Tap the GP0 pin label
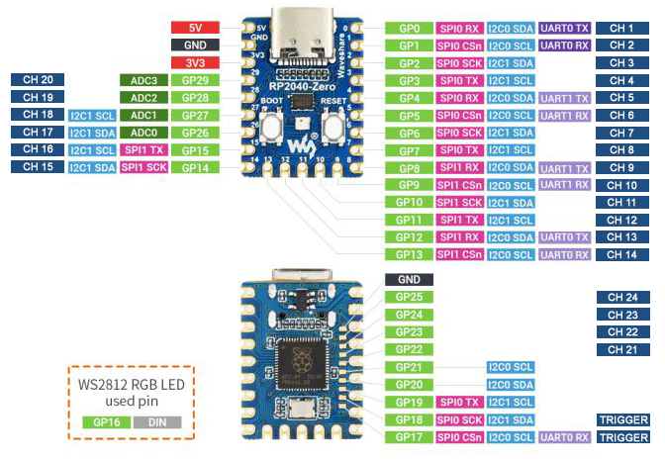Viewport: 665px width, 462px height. click(x=409, y=29)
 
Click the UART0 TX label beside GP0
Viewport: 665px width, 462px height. click(x=565, y=29)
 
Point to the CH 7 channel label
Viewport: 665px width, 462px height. click(x=621, y=133)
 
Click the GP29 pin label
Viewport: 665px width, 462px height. click(x=195, y=80)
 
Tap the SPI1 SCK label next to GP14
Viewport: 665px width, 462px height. click(x=143, y=167)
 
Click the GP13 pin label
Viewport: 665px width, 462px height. click(x=409, y=254)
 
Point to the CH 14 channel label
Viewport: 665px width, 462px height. click(x=621, y=254)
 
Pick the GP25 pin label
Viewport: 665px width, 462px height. click(x=409, y=297)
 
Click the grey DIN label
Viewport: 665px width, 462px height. click(x=156, y=421)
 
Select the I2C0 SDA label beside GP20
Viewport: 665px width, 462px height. click(x=510, y=384)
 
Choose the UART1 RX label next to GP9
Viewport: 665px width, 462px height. click(x=565, y=185)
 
